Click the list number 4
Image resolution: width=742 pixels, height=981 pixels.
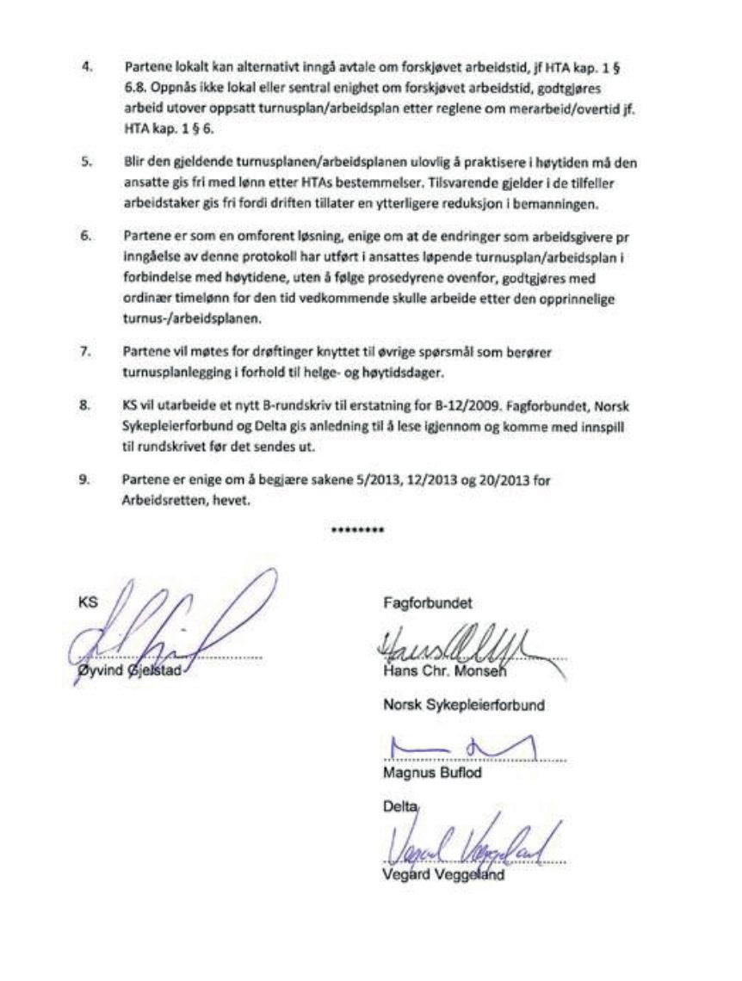86,66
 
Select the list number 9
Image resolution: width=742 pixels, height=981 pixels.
86,481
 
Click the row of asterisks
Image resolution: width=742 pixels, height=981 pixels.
357,531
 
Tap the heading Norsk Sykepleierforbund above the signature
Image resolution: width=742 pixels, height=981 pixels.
464,706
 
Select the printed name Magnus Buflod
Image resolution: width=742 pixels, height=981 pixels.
432,773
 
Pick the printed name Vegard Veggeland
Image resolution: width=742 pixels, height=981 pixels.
442,876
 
